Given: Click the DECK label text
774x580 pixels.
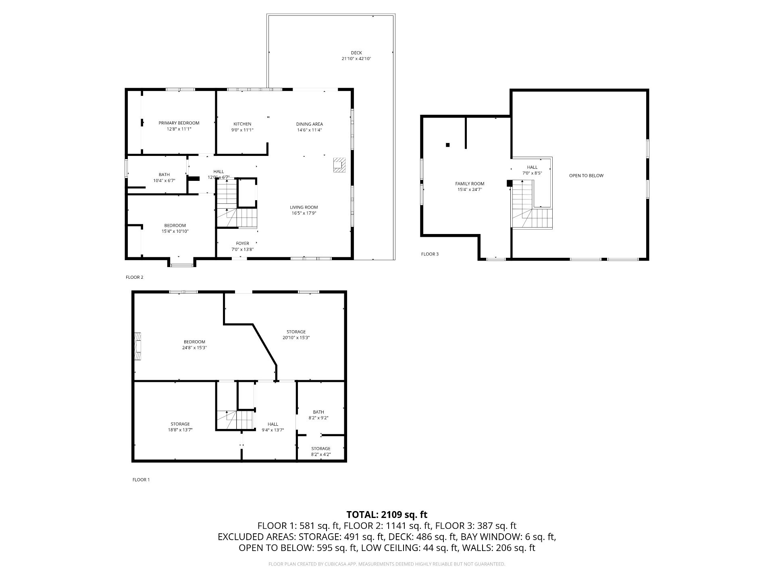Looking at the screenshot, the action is tap(356, 53).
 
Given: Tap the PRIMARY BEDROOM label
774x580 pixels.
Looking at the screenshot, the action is tap(179, 123).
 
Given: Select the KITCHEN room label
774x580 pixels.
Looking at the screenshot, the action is tap(242, 124).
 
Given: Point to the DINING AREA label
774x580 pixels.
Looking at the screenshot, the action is tap(310, 124).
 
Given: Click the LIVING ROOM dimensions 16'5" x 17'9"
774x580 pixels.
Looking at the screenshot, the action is tap(304, 213).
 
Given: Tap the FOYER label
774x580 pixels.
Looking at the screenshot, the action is tap(242, 243).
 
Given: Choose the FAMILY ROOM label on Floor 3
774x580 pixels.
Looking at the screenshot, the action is tap(470, 184).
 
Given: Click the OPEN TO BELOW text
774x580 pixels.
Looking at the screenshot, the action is tap(586, 176).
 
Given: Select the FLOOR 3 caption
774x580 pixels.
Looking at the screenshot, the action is tap(430, 254).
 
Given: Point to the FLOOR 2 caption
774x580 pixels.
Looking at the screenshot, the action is tap(134, 277).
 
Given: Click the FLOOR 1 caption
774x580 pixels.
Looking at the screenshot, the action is tap(141, 480).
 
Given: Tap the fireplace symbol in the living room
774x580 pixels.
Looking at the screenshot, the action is tap(339, 165).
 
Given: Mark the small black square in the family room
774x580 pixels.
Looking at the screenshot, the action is tap(447, 145).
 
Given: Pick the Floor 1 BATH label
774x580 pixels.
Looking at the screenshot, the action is tap(318, 412).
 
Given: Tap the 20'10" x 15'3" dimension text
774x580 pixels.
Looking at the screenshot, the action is tap(296, 338).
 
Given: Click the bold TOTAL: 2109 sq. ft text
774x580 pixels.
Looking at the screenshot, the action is tap(387, 514).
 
